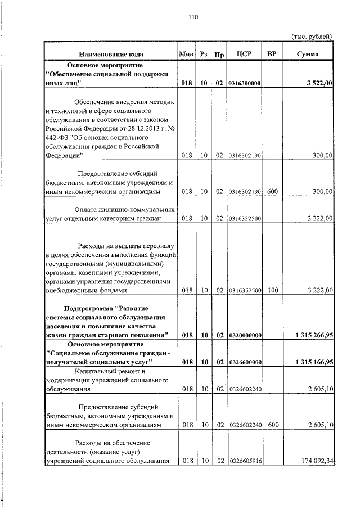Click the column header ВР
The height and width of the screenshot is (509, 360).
click(x=272, y=54)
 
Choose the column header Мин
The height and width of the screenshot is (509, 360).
click(x=186, y=54)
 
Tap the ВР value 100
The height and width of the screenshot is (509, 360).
click(x=272, y=291)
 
